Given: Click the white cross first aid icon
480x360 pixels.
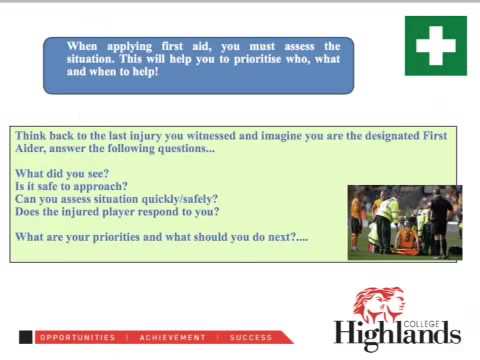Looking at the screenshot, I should click(435, 45).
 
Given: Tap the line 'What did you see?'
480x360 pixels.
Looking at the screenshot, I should click(62, 173).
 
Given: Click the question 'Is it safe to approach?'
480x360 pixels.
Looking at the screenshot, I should click(71, 186).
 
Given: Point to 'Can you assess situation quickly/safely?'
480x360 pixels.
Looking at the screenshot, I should click(116, 199).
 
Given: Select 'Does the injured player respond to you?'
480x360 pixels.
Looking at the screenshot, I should click(117, 211).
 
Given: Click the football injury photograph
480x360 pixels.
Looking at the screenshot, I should click(404, 222).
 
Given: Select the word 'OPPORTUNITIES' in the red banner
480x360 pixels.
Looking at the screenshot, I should click(77, 338).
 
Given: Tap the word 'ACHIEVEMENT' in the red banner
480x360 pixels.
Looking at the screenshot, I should click(172, 338).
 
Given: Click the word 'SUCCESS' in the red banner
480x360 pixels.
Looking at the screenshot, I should click(250, 338).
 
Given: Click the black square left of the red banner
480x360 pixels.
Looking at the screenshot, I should click(25, 338).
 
